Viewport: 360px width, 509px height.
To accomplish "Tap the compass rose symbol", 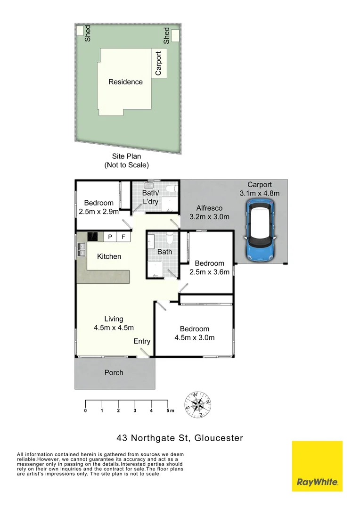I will (197, 404).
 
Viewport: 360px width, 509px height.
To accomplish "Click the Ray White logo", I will (317, 466).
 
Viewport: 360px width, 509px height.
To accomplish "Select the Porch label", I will (114, 372).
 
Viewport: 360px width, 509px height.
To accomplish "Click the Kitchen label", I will (109, 256).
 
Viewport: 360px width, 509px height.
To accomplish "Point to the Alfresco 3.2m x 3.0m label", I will (209, 213).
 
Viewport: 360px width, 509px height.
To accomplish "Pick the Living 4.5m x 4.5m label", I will (114, 323).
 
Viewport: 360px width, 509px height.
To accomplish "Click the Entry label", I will (142, 341).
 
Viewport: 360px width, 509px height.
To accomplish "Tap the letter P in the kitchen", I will (110, 237).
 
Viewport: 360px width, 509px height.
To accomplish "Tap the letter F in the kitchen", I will (123, 237).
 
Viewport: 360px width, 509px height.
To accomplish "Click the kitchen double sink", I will (81, 249).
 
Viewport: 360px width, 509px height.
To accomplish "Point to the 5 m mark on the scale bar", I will (168, 411).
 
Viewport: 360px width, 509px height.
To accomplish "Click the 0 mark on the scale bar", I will (85, 411).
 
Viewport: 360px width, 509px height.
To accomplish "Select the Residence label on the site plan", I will (125, 82).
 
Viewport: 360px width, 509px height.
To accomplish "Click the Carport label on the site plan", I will (158, 63).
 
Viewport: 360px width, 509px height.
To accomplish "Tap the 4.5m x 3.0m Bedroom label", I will (195, 333).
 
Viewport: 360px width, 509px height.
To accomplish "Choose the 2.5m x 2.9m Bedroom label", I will (98, 207).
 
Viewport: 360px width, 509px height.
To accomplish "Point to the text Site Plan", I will (126, 156).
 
